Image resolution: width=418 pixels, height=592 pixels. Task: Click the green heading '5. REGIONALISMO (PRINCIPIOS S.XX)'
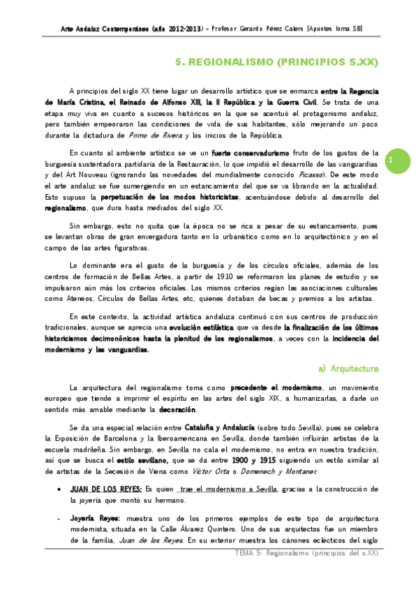tap(276, 61)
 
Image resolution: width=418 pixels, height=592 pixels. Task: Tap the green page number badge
tap(391, 160)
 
